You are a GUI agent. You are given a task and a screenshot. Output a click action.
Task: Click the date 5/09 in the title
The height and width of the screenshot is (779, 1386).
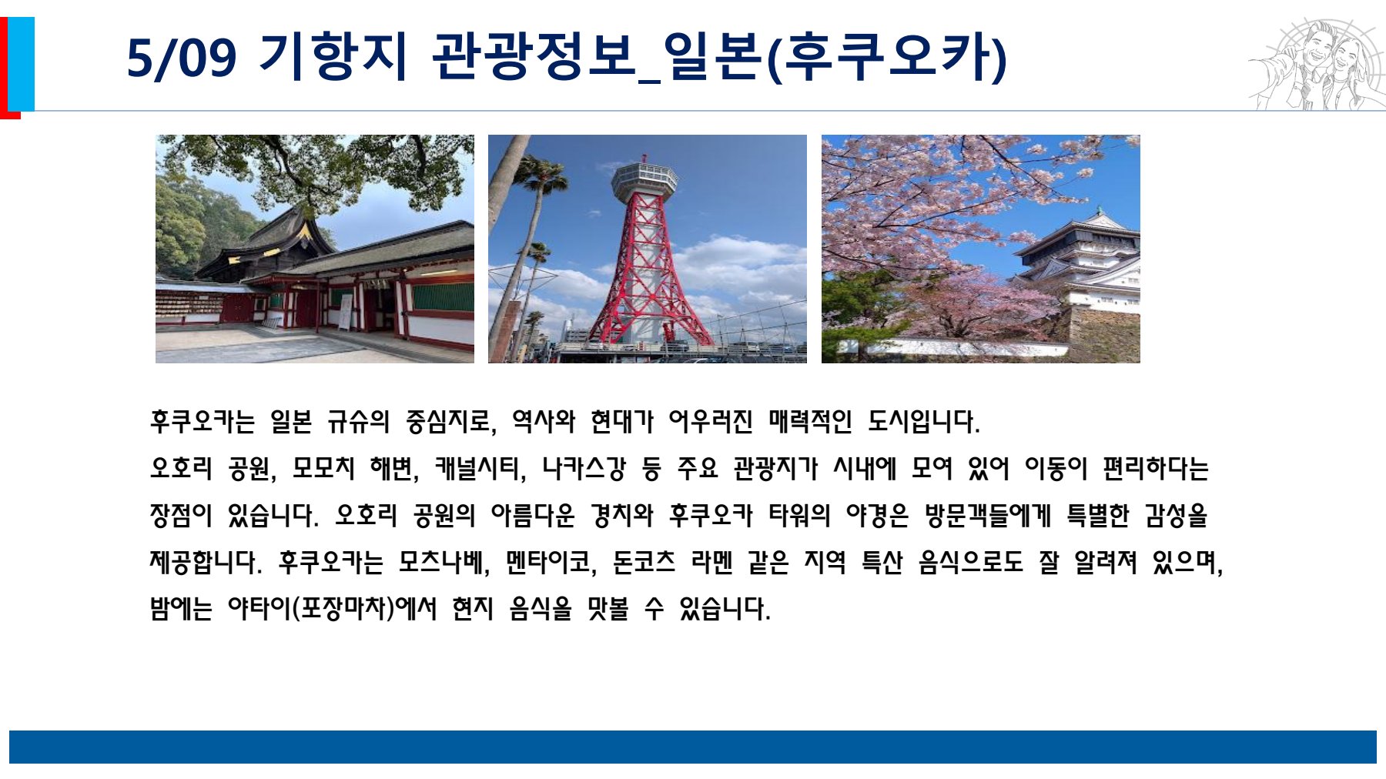tap(182, 58)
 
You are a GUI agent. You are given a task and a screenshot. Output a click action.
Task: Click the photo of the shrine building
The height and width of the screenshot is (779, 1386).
tap(315, 249)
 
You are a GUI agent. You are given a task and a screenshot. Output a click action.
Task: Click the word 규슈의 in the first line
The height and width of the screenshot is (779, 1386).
tap(358, 422)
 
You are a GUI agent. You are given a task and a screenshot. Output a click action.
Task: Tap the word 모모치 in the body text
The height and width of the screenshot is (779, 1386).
tap(323, 468)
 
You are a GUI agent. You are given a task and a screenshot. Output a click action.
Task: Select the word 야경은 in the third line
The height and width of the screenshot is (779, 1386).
tap(877, 515)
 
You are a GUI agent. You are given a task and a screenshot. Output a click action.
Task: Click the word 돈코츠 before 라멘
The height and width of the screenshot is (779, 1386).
tap(644, 562)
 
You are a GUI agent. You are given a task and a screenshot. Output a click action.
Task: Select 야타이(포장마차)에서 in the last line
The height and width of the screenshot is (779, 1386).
tap(332, 609)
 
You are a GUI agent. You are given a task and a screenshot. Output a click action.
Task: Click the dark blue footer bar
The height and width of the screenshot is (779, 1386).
tap(693, 747)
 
